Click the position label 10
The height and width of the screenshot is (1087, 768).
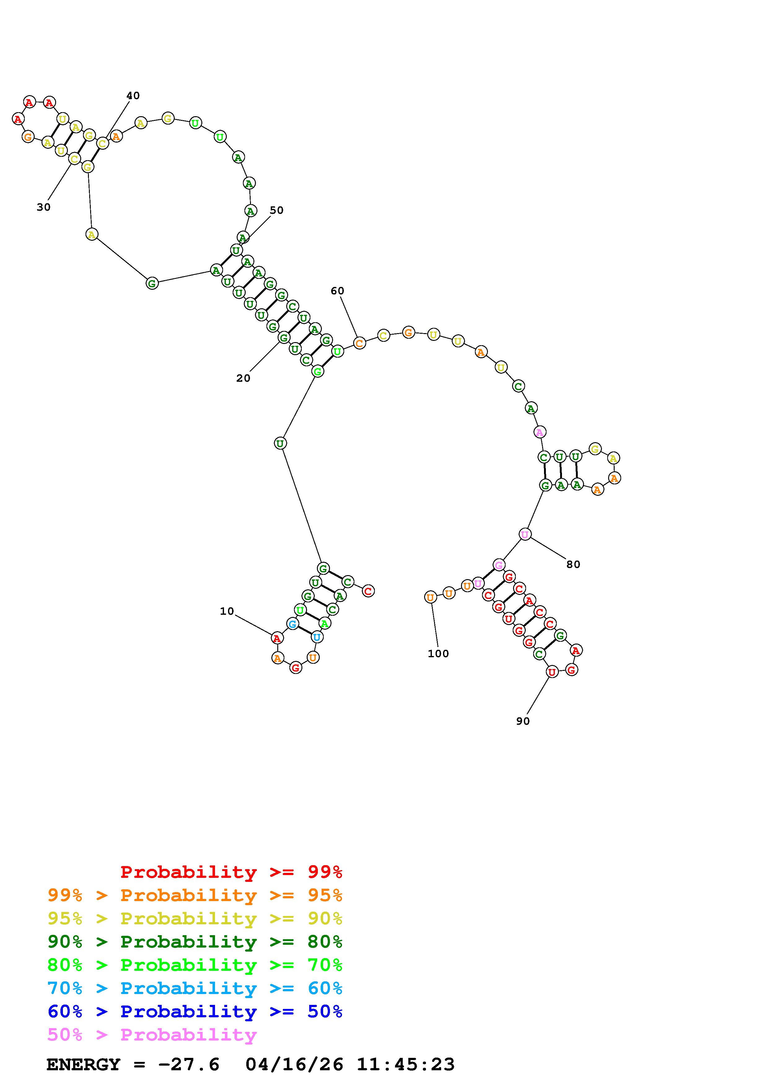pyautogui.click(x=227, y=611)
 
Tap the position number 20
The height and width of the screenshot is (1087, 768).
pyautogui.click(x=243, y=378)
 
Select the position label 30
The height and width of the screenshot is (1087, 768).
pyautogui.click(x=44, y=207)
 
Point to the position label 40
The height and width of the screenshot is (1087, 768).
pyautogui.click(x=133, y=96)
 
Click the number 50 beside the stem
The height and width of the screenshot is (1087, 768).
pyautogui.click(x=276, y=210)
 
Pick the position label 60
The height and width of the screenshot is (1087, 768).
pyautogui.click(x=337, y=291)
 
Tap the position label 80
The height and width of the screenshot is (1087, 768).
pyautogui.click(x=573, y=564)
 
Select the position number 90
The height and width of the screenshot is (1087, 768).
pyautogui.click(x=523, y=721)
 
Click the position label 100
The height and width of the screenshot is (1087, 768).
pyautogui.click(x=438, y=654)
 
